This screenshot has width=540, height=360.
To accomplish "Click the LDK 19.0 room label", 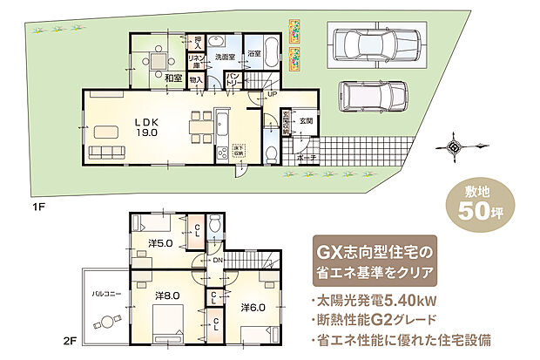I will [x=145, y=127].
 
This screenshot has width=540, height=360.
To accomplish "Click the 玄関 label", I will [x=306, y=121].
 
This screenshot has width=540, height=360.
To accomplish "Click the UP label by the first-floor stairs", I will [x=273, y=94].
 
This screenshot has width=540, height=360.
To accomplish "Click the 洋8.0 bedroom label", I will [x=168, y=296].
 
